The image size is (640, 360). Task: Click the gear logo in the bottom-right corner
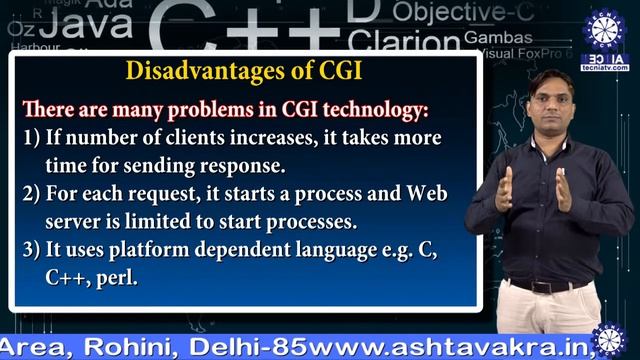(x=608, y=340)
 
